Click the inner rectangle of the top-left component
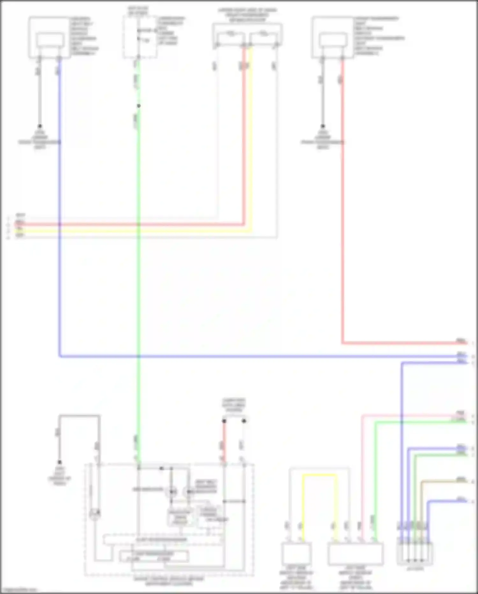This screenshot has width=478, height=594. (50, 40)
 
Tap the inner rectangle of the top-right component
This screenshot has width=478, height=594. (333, 40)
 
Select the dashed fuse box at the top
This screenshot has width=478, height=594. (140, 37)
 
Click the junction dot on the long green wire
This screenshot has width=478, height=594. (139, 106)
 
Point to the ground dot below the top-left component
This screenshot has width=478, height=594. (40, 126)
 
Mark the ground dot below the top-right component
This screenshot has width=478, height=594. (322, 126)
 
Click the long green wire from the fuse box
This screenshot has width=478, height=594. (139, 287)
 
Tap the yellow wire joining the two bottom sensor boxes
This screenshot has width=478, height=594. (319, 475)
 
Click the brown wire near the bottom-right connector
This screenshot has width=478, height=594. (443, 481)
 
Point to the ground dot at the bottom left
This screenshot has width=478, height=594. (59, 462)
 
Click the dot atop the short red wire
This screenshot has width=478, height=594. (224, 421)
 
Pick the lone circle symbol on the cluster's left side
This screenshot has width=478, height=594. (95, 514)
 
